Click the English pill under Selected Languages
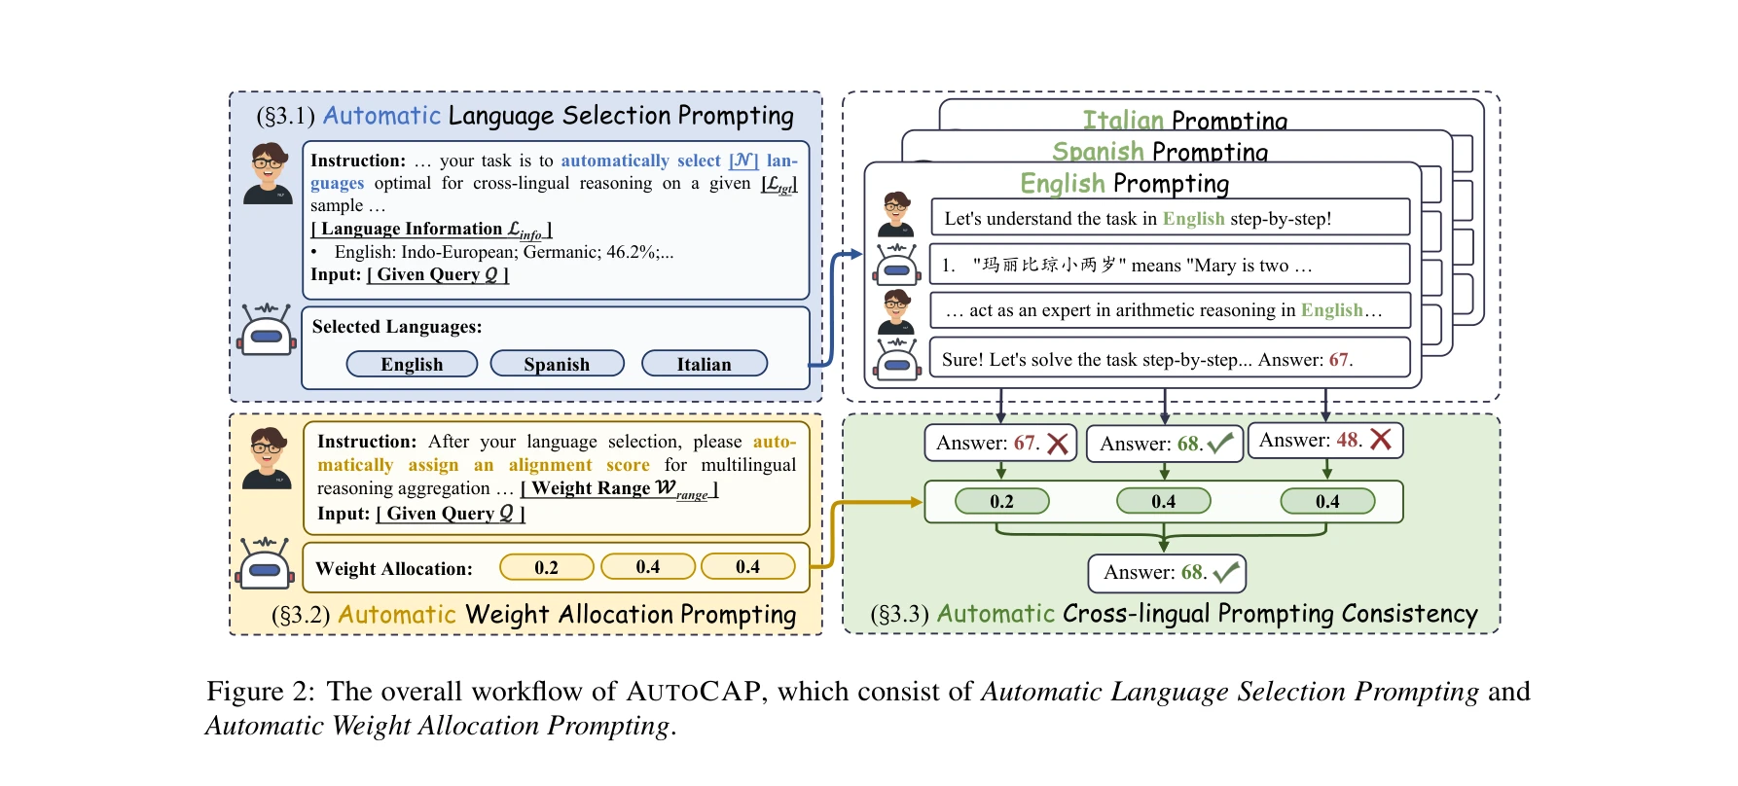[412, 364]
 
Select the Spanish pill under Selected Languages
[557, 364]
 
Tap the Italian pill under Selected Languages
[704, 364]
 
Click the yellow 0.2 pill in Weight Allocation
[546, 567]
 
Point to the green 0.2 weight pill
[1001, 501]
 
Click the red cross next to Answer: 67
[1058, 444]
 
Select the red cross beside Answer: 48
[1380, 440]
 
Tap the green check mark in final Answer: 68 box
[1225, 572]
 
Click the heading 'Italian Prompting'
[1184, 121]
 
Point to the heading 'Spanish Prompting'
[1160, 152]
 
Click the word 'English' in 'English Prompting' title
[1062, 183]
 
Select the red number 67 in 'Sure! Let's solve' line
[1339, 360]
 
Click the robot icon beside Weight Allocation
[265, 563]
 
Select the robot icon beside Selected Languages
[266, 329]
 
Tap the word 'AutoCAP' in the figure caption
[693, 692]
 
